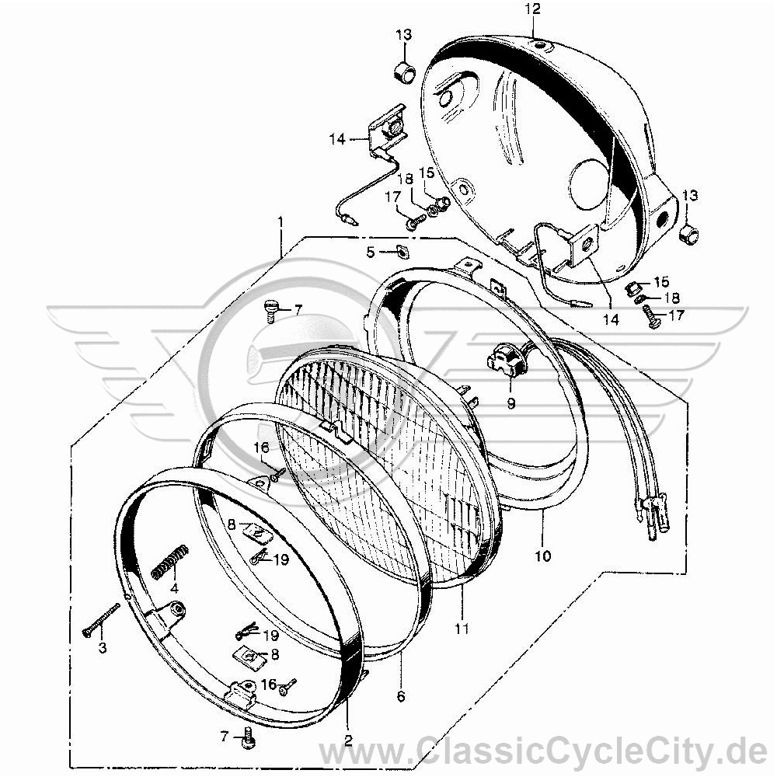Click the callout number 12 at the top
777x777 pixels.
[x=533, y=9]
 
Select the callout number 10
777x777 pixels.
[x=543, y=556]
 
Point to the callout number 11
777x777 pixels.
[x=462, y=629]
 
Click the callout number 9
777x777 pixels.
[x=511, y=404]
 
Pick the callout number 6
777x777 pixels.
[x=401, y=696]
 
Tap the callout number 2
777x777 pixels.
[x=348, y=740]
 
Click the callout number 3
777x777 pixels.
[x=102, y=648]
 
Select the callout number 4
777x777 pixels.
[x=173, y=589]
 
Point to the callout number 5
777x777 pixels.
[x=371, y=253]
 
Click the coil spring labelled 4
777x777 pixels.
[x=170, y=561]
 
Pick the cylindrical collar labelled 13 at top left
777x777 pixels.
[x=404, y=71]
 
